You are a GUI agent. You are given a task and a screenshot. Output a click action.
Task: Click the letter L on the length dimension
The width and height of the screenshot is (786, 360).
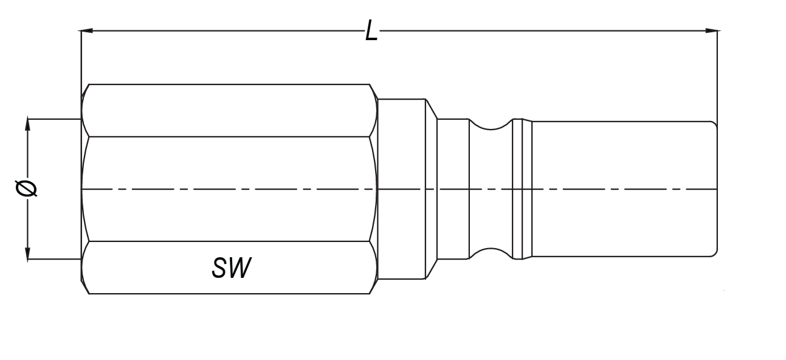coord(371,30)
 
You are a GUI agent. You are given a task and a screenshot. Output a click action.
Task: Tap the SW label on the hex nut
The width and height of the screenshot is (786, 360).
coord(231,268)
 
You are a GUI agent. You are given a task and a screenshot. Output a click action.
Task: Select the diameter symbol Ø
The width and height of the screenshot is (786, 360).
coord(27,189)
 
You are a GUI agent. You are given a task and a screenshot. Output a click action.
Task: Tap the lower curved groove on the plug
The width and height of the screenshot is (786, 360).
coord(490,253)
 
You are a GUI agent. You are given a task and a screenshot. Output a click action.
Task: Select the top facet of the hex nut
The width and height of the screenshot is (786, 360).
coord(228,110)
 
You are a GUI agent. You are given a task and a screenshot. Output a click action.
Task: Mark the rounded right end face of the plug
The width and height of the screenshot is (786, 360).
coord(715,189)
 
